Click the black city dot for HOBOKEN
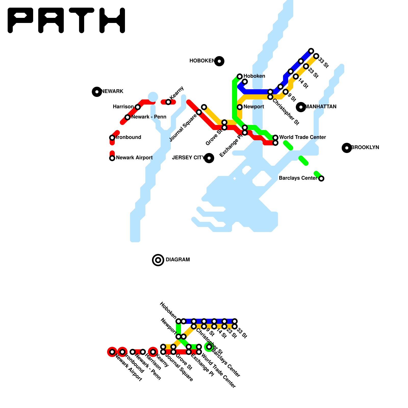219,61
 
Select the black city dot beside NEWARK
97,92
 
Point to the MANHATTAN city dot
301,107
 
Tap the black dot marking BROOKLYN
347,148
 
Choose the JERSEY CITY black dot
209,158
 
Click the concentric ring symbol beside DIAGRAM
158,260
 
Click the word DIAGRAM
178,260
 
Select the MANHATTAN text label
321,107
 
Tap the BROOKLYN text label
365,148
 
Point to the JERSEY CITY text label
188,158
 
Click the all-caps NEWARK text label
112,92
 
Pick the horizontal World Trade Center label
302,137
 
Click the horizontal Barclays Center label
298,178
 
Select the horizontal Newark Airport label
134,158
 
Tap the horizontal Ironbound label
129,137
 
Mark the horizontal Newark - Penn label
149,117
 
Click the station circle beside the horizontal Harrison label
138,107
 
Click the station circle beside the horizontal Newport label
240,107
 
